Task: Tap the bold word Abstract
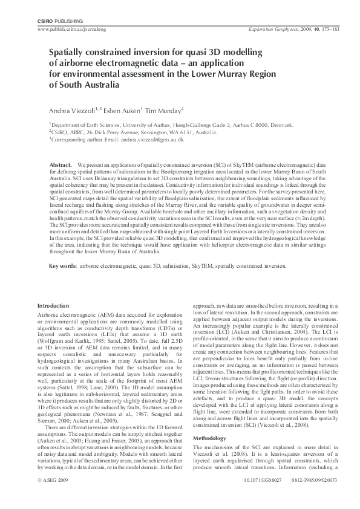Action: tap(61, 164)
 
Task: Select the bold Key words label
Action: tap(63, 266)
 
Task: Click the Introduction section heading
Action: tap(53, 306)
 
